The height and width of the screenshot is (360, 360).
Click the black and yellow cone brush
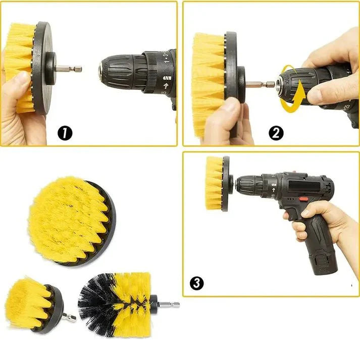click(x=116, y=305)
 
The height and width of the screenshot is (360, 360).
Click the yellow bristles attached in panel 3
click(x=214, y=182)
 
